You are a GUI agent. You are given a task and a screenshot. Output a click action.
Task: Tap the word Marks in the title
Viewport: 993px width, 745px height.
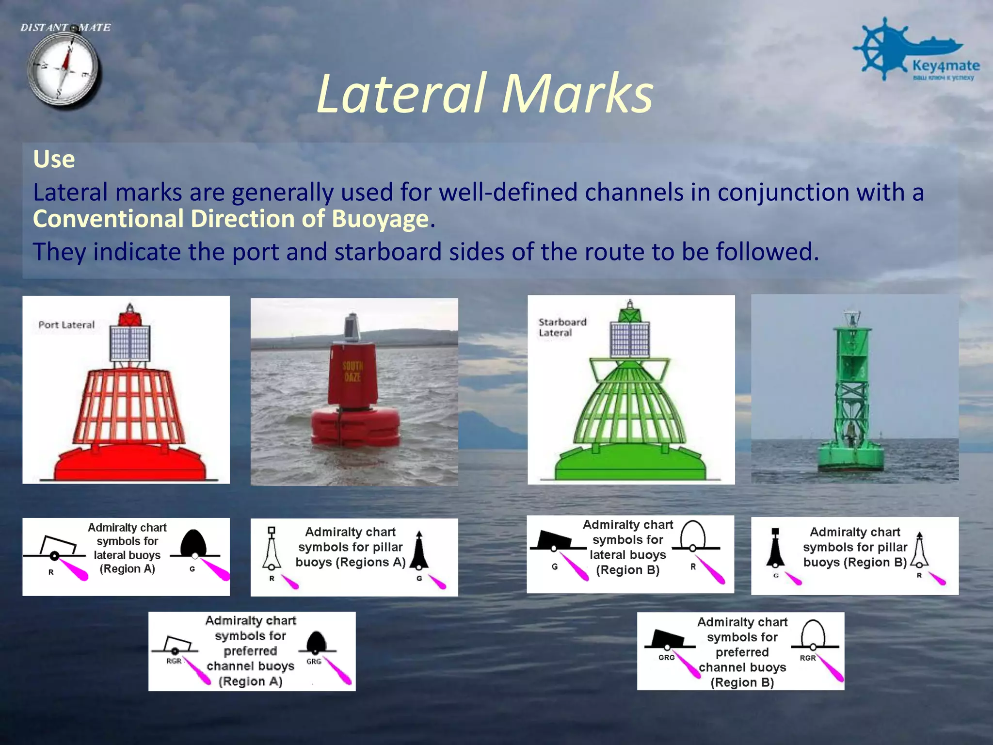tap(577, 93)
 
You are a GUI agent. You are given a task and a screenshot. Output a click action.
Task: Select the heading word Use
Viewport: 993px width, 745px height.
tap(54, 159)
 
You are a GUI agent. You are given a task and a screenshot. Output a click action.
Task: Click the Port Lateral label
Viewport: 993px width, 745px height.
tap(66, 325)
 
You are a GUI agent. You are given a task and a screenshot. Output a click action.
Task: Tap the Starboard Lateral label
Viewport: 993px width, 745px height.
tap(562, 327)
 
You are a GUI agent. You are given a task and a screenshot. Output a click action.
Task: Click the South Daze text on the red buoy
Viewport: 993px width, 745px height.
tap(352, 371)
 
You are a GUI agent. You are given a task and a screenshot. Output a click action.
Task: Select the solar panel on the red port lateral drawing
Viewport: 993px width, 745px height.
tap(130, 343)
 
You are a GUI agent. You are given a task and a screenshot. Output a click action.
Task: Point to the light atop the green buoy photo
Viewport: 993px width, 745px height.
tap(851, 318)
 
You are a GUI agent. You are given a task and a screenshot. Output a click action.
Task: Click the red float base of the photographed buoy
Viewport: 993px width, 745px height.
tap(355, 427)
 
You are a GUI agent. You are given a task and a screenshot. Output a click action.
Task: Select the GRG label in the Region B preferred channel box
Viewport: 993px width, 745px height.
tap(666, 658)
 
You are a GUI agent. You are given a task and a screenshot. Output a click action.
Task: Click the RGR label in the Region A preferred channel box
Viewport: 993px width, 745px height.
tap(174, 661)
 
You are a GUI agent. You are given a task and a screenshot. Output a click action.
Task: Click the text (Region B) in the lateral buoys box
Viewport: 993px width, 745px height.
tap(627, 570)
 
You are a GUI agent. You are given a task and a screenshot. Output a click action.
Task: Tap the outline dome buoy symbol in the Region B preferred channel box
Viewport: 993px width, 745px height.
tap(813, 633)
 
